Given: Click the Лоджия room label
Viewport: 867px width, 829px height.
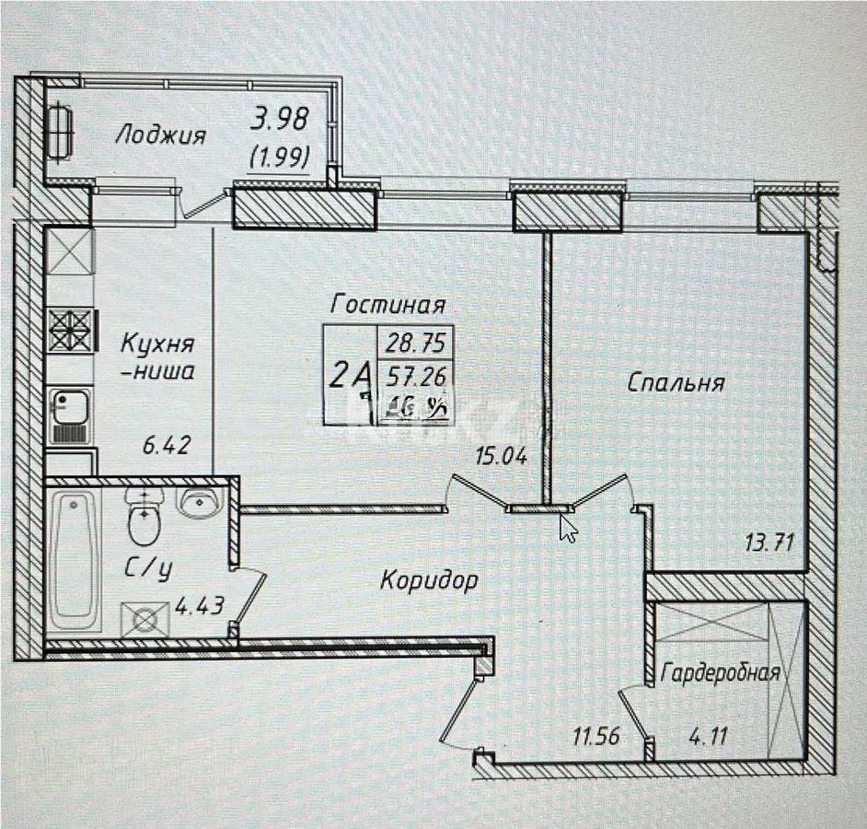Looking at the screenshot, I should click(x=160, y=135).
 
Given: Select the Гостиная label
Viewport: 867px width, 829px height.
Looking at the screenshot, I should click(x=389, y=304).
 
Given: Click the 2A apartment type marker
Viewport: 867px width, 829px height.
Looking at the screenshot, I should click(x=349, y=375).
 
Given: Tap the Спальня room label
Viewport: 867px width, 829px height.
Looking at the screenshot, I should click(x=676, y=382).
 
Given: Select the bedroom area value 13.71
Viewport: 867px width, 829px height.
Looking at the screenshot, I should click(x=770, y=543).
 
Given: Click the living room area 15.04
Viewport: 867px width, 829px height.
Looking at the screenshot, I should click(x=501, y=455).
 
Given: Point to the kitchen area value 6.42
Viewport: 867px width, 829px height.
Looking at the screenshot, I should click(x=166, y=447).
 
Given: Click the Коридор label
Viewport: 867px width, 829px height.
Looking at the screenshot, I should click(x=429, y=580).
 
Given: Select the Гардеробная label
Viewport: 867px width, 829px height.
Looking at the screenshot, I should click(x=721, y=672).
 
